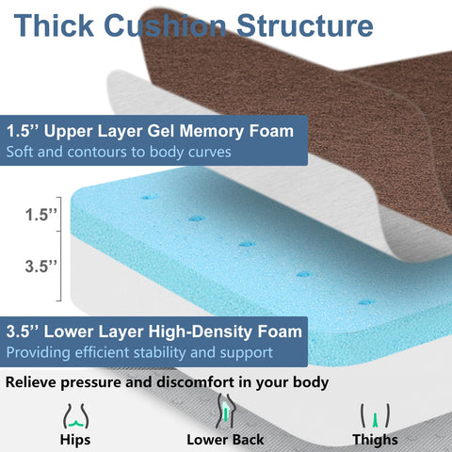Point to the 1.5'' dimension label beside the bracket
click(40, 214)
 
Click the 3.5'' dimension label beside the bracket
click(40, 266)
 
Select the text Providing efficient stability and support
click(138, 352)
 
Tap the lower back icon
click(224, 412)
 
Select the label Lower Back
click(225, 440)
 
